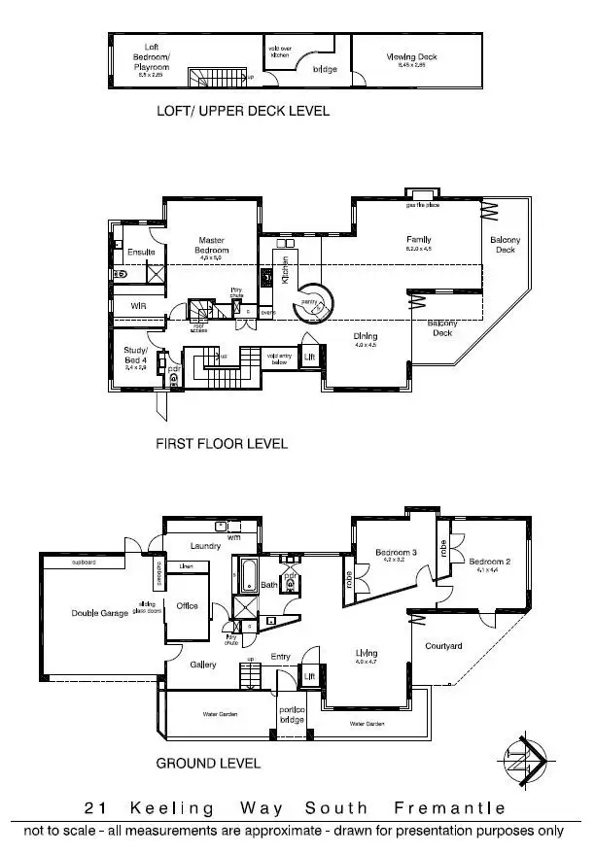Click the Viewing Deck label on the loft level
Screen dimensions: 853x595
(x=412, y=57)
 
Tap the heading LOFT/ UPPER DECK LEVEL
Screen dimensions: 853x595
(x=243, y=111)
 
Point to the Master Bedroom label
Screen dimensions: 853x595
(x=212, y=245)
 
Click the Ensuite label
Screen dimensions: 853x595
(x=142, y=253)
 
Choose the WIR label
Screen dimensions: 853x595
(x=138, y=306)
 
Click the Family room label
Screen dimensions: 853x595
(x=419, y=240)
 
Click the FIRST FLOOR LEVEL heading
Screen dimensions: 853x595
(x=223, y=444)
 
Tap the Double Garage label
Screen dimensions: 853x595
(x=99, y=613)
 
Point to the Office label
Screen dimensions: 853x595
(x=187, y=605)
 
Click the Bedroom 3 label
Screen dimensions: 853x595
(x=397, y=554)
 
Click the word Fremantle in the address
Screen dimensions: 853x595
(x=450, y=808)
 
